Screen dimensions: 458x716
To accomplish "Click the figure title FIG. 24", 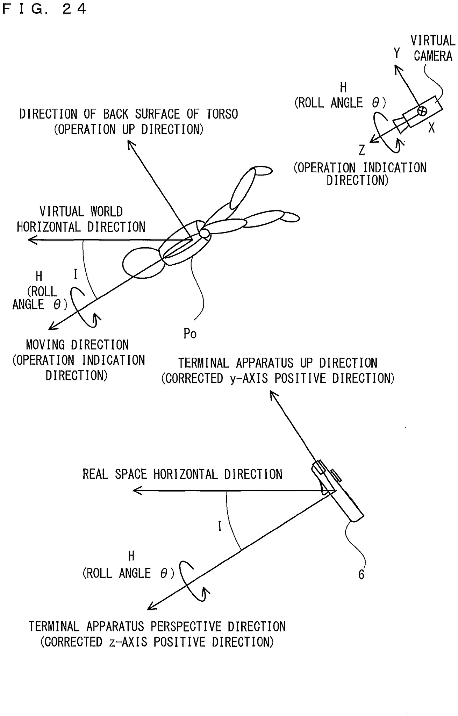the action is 44,9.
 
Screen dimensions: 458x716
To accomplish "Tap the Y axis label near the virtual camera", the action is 396,53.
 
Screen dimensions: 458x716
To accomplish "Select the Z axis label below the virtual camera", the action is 362,150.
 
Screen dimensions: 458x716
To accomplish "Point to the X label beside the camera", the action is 431,128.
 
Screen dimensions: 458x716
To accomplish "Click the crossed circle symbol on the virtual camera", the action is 422,111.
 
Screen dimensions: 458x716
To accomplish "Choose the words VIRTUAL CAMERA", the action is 433,48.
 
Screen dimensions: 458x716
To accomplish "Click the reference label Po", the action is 190,334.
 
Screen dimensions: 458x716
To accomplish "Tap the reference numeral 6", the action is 361,574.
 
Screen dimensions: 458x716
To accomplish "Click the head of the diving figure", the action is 143,263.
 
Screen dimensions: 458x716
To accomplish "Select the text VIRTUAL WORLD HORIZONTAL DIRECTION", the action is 81,219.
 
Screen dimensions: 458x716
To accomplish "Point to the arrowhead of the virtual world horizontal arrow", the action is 32,240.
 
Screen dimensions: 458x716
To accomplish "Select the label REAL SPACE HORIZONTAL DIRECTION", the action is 182,474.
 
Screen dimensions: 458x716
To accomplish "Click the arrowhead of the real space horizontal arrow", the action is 137,491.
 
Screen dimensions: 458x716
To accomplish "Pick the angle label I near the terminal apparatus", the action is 220,526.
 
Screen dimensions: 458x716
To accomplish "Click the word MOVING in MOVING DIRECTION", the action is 45,345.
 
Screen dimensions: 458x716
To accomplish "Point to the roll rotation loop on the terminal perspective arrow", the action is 192,581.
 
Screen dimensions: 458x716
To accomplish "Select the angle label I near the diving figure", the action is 75,274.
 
